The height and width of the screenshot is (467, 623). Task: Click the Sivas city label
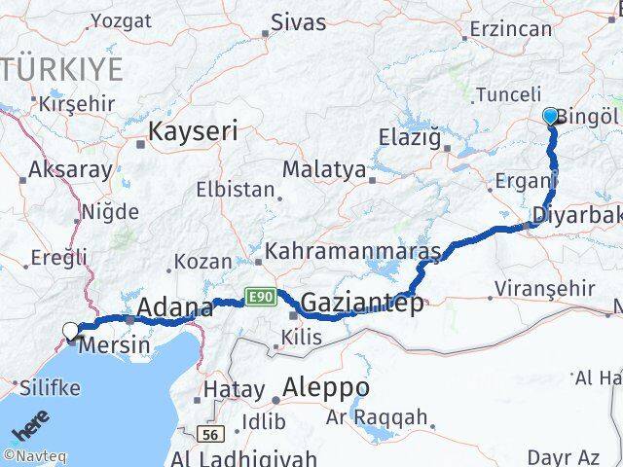pyautogui.click(x=298, y=21)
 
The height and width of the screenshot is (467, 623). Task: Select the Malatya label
pyautogui.click(x=323, y=170)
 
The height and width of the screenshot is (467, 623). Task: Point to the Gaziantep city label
pyautogui.click(x=361, y=304)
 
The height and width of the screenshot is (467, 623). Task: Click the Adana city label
pyautogui.click(x=174, y=309)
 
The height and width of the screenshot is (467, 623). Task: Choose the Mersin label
pyautogui.click(x=115, y=344)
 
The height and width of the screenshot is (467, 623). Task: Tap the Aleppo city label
pyautogui.click(x=315, y=387)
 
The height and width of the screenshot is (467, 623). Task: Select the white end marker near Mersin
pyautogui.click(x=71, y=331)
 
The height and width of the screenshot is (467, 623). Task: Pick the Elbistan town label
pyautogui.click(x=235, y=190)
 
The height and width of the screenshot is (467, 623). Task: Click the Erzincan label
pyautogui.click(x=510, y=29)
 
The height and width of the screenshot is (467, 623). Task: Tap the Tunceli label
pyautogui.click(x=508, y=94)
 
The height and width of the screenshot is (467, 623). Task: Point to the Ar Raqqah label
pyautogui.click(x=377, y=418)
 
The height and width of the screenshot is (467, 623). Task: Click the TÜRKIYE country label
pyautogui.click(x=62, y=70)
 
